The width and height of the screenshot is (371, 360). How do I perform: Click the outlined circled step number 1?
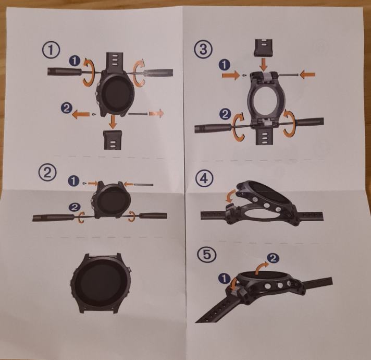pyautogui.click(x=51, y=50)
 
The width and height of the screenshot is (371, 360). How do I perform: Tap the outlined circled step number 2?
pyautogui.click(x=47, y=173)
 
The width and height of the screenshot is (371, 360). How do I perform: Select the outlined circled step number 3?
pyautogui.click(x=203, y=50)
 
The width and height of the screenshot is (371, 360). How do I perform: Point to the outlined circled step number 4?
pyautogui.click(x=204, y=178)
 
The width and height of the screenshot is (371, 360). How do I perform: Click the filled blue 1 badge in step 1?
pyautogui.click(x=75, y=61)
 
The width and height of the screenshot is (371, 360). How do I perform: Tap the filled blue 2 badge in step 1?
pyautogui.click(x=67, y=108)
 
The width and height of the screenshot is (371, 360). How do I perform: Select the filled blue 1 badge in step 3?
pyautogui.click(x=225, y=64)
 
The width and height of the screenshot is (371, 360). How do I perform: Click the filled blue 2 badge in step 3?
pyautogui.click(x=225, y=114)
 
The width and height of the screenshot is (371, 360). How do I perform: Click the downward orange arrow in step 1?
pyautogui.click(x=114, y=122)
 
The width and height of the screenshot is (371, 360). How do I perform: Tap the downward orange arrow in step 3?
pyautogui.click(x=264, y=64)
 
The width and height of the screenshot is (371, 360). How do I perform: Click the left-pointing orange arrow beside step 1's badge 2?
pyautogui.click(x=81, y=115)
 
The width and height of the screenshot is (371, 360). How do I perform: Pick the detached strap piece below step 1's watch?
pyautogui.click(x=113, y=140)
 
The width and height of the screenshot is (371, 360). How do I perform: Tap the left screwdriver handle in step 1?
pyautogui.click(x=64, y=71)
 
